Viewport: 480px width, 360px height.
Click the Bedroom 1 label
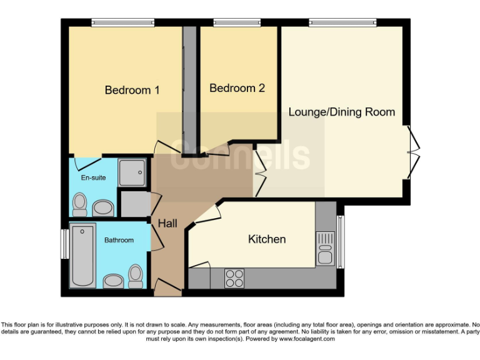[132, 90]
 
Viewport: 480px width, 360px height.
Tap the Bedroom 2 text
[237, 88]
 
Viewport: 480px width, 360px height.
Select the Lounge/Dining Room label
[341, 112]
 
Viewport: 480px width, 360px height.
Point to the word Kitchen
[267, 239]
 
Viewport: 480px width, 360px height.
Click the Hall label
[167, 223]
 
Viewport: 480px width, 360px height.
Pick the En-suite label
[93, 177]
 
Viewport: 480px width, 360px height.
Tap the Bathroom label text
[119, 240]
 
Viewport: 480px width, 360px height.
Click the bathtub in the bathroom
[82, 256]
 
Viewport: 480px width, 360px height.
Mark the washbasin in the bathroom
[113, 281]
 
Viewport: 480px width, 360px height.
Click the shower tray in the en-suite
[132, 171]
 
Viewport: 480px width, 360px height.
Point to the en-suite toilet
[79, 203]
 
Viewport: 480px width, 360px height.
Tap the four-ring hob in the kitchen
[234, 277]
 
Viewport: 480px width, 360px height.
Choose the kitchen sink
[325, 247]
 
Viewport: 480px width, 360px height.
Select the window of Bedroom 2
[237, 22]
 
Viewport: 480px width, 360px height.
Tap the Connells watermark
[240, 155]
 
